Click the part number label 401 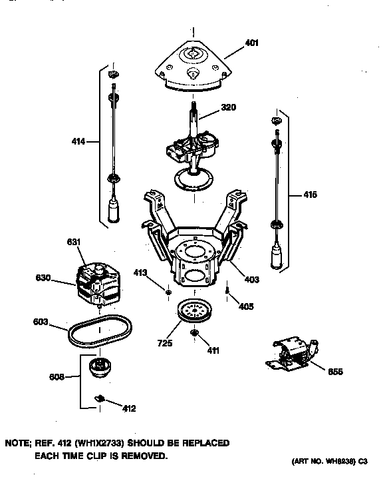(251, 43)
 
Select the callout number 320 (228, 107)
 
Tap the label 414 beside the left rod (78, 141)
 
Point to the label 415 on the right (310, 195)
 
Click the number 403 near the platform (251, 280)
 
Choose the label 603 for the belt (41, 322)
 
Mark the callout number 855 (335, 371)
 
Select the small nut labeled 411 (195, 332)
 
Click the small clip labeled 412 (100, 398)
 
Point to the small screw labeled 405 (228, 290)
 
